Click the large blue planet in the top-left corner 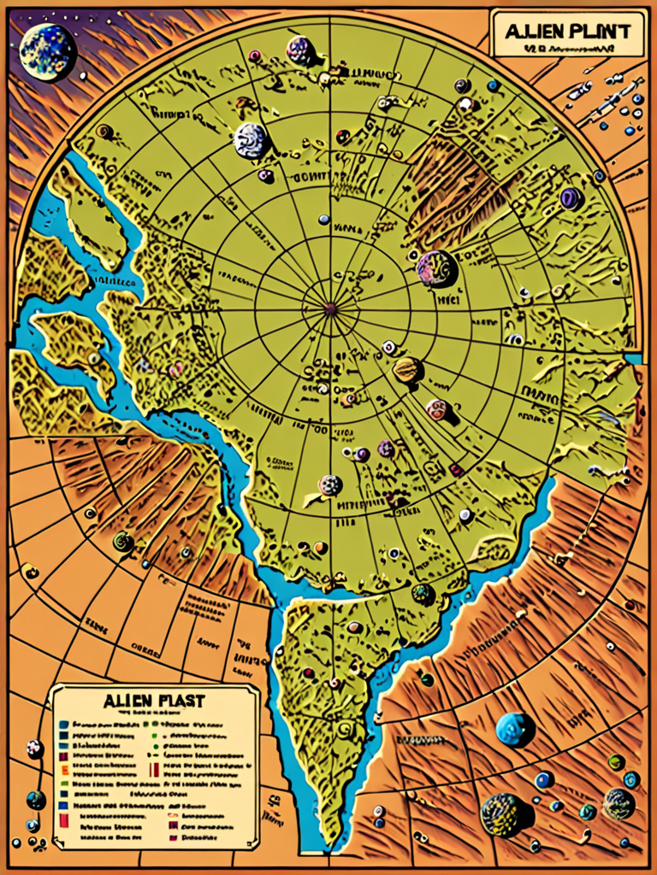(47, 51)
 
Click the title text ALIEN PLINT (567, 32)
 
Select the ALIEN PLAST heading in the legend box (154, 701)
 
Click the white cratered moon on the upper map (252, 140)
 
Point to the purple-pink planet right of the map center (436, 268)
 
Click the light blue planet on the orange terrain (514, 729)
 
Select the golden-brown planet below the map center (407, 370)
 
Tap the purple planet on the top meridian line (300, 50)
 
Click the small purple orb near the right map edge (571, 198)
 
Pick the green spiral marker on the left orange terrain (123, 541)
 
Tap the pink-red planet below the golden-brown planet (437, 409)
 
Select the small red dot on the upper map (343, 137)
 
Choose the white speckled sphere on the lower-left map (330, 485)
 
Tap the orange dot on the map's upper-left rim (104, 131)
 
